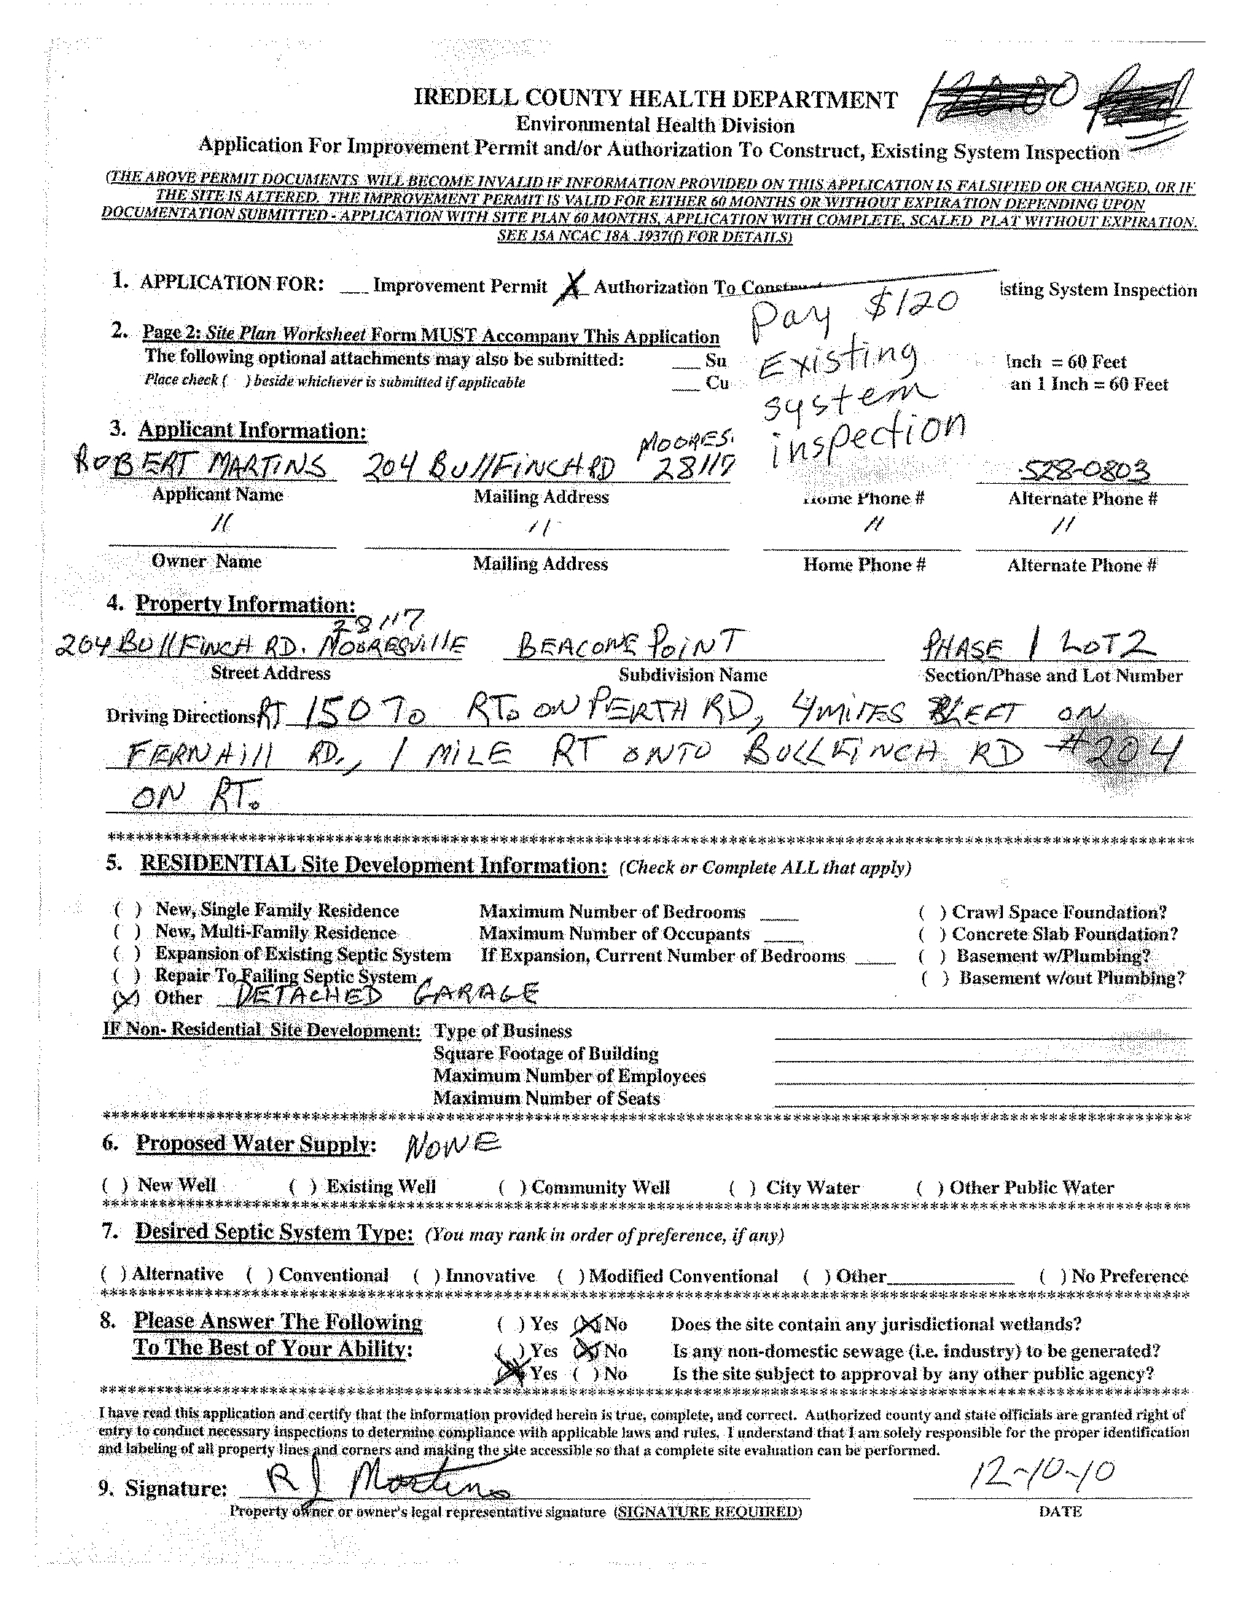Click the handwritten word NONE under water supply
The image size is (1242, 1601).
pyautogui.click(x=453, y=1143)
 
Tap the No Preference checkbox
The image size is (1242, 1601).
pyautogui.click(x=1051, y=1277)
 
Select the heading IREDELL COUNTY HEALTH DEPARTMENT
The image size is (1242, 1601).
pyautogui.click(x=655, y=99)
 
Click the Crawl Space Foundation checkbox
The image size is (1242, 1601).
pyautogui.click(x=931, y=913)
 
